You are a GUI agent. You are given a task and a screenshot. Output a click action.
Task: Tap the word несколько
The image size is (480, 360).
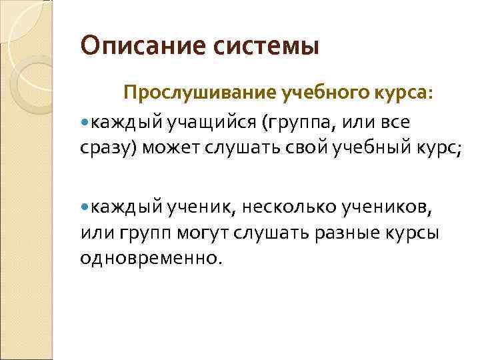coord(290,207)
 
